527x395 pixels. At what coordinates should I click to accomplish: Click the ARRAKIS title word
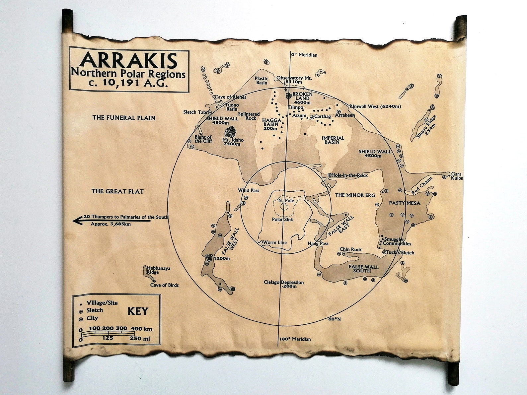coord(128,60)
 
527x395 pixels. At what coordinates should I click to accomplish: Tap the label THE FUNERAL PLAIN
coord(124,118)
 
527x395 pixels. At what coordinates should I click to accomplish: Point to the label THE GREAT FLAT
coord(117,191)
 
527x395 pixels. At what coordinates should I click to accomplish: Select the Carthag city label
coord(322,117)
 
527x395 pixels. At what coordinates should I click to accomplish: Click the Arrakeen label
coord(345,115)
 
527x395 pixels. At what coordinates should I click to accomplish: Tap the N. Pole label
coord(286,201)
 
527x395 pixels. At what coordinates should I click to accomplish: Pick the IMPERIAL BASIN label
coord(333,140)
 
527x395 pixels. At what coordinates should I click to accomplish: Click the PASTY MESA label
coord(405,203)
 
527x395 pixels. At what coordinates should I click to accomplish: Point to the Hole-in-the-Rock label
coord(349,175)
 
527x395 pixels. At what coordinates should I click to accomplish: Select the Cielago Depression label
coord(284,284)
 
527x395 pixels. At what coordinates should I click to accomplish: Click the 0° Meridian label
coord(304,55)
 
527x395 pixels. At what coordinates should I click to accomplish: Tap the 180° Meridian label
coord(295,339)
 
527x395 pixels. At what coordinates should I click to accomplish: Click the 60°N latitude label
coord(335,319)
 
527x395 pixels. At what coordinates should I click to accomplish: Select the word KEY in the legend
coord(138,311)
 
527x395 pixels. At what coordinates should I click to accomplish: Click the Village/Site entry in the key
coord(102,303)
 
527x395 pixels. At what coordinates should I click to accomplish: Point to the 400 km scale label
coord(141,329)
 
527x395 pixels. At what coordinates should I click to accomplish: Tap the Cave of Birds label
coord(164,285)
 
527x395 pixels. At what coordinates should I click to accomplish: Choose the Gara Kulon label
coord(457,176)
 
